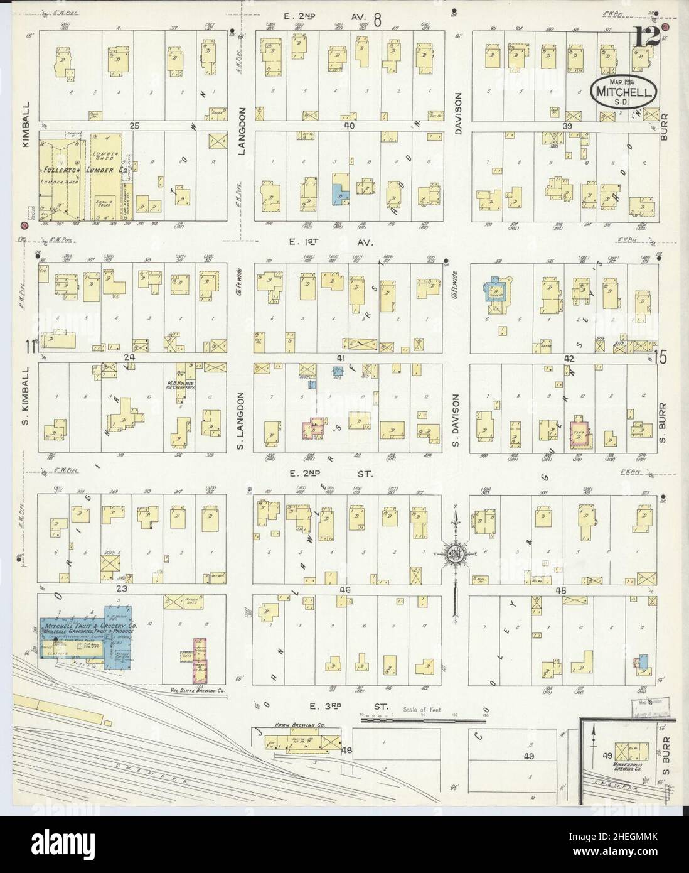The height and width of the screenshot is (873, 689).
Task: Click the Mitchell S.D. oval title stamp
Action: tap(624, 91)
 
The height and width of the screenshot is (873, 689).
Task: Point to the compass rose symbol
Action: tap(456, 553)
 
